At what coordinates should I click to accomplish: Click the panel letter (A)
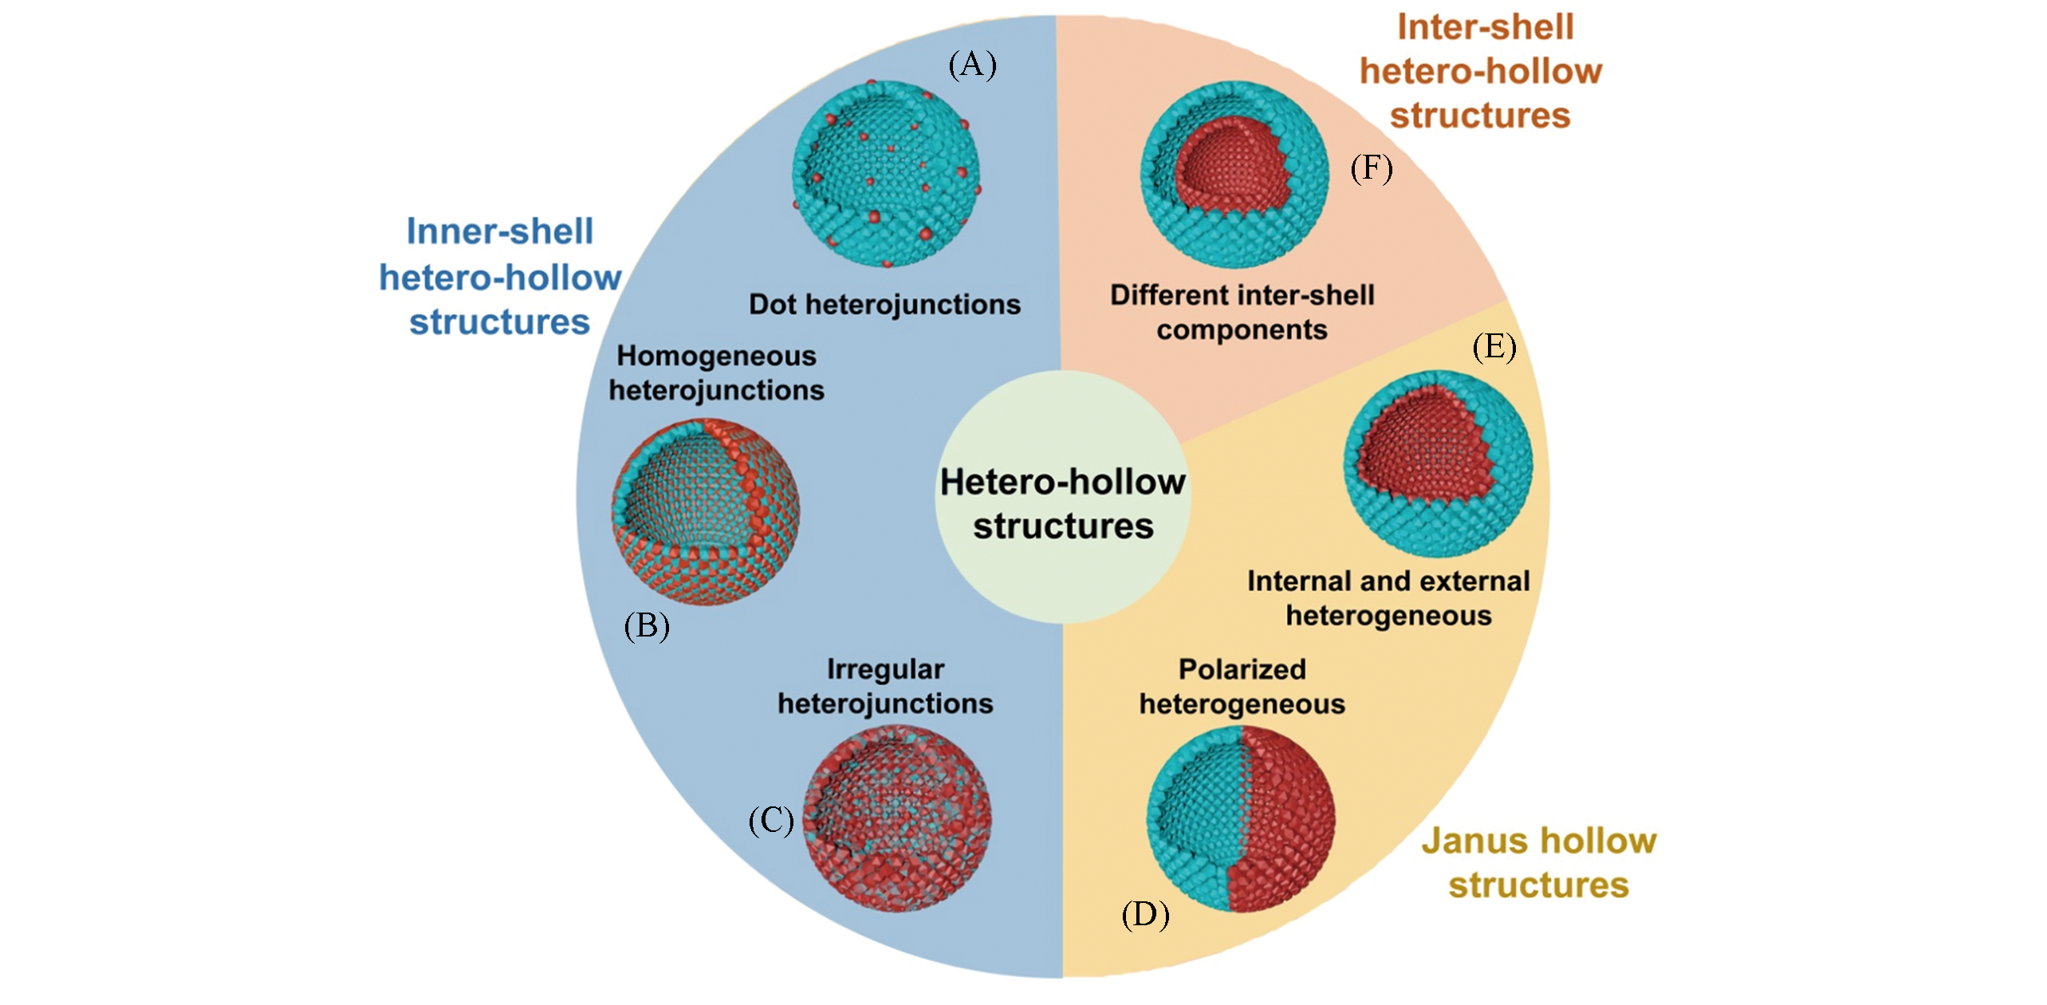pyautogui.click(x=972, y=65)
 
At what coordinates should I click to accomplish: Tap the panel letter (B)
pyautogui.click(x=647, y=627)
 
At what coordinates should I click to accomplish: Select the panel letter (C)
pyautogui.click(x=771, y=821)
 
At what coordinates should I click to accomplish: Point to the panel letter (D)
pyautogui.click(x=1145, y=915)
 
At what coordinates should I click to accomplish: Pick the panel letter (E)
pyautogui.click(x=1494, y=347)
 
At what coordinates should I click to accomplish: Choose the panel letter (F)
pyautogui.click(x=1372, y=168)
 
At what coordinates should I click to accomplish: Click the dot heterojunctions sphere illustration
pyautogui.click(x=886, y=174)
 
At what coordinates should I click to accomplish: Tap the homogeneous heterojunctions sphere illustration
pyautogui.click(x=706, y=510)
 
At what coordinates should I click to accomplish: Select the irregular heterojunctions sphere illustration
pyautogui.click(x=898, y=818)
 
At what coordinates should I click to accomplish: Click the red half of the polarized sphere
pyautogui.click(x=1284, y=822)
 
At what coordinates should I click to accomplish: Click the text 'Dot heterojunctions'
pyautogui.click(x=884, y=304)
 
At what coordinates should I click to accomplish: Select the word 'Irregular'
pyautogui.click(x=885, y=669)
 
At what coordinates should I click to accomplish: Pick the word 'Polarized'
pyautogui.click(x=1242, y=669)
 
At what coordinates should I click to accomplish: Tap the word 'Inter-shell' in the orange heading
pyautogui.click(x=1485, y=28)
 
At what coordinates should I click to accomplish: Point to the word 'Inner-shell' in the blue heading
pyautogui.click(x=500, y=231)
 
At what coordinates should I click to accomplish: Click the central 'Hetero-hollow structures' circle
pyautogui.click(x=1062, y=496)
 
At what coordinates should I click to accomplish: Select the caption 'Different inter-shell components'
pyautogui.click(x=1242, y=312)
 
